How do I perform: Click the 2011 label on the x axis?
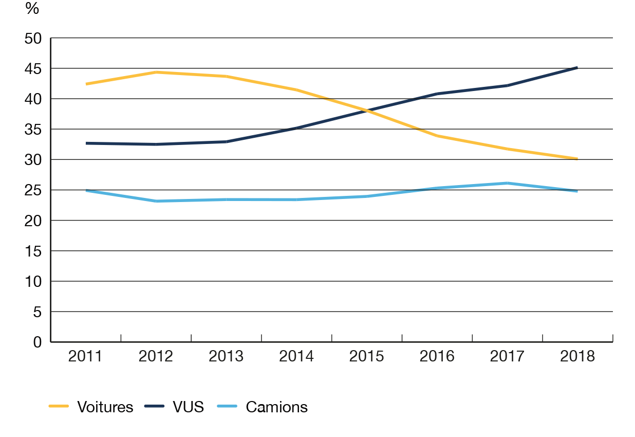(85, 356)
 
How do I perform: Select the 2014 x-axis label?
(296, 356)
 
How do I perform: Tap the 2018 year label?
(577, 356)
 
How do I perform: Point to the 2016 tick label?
(437, 356)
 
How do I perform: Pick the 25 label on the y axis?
(37, 190)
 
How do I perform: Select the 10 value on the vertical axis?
(37, 282)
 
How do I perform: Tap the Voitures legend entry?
(105, 407)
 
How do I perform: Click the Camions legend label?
(276, 407)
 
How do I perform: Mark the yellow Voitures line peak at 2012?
(156, 72)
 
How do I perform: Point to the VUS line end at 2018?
(577, 67)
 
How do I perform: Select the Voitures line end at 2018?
(577, 158)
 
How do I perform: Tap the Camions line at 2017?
(507, 183)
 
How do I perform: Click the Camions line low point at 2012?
(156, 201)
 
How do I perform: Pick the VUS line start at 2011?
(86, 143)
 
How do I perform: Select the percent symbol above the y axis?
(33, 8)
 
